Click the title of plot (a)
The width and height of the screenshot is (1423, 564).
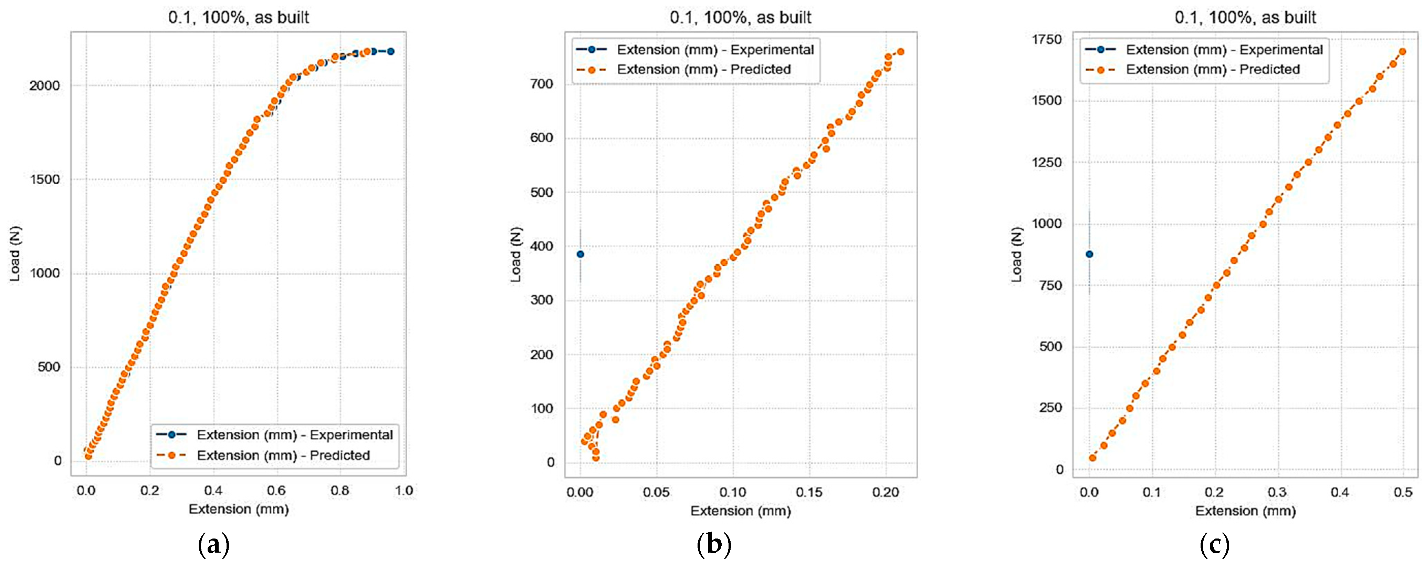click(x=238, y=17)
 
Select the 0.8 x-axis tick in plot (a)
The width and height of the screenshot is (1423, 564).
click(x=340, y=491)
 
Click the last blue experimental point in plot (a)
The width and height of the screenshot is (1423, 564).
click(x=390, y=51)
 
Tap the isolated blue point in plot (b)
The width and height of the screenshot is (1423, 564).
click(x=580, y=254)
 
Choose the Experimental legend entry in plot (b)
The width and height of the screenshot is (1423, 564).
click(x=715, y=50)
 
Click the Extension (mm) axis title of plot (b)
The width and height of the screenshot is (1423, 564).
click(x=740, y=511)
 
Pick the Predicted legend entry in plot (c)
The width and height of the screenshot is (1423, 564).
click(x=1213, y=70)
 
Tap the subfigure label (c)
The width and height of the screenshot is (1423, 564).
click(x=1214, y=545)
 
